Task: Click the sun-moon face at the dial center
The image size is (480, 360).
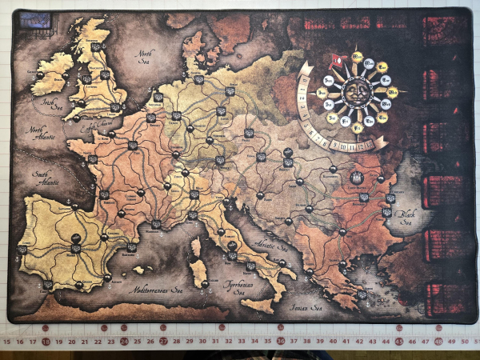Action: click(356, 90)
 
